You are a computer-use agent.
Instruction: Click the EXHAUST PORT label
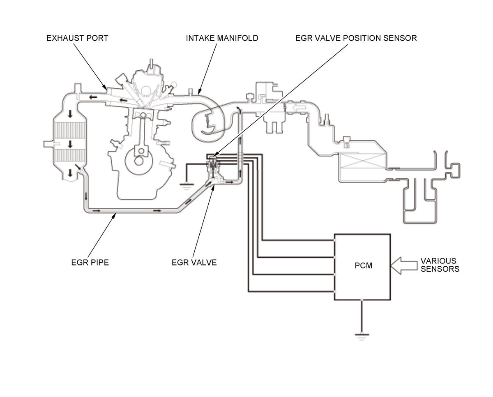point(77,38)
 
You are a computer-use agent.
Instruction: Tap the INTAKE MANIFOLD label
point(222,38)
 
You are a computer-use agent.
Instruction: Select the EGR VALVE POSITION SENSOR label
point(356,38)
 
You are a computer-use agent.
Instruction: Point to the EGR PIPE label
point(90,263)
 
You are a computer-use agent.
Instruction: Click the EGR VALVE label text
point(194,263)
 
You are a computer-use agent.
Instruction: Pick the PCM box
point(362,267)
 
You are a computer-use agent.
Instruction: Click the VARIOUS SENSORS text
point(440,265)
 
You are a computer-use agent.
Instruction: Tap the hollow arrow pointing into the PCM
point(404,265)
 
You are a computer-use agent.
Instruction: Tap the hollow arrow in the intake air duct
point(299,107)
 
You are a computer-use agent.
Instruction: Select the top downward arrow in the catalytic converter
point(70,114)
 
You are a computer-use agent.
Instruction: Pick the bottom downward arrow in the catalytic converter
point(70,173)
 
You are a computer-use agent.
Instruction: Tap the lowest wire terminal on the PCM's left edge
point(334,291)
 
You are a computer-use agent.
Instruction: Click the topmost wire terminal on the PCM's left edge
point(334,240)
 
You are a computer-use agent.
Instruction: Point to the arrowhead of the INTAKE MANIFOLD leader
point(198,95)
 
